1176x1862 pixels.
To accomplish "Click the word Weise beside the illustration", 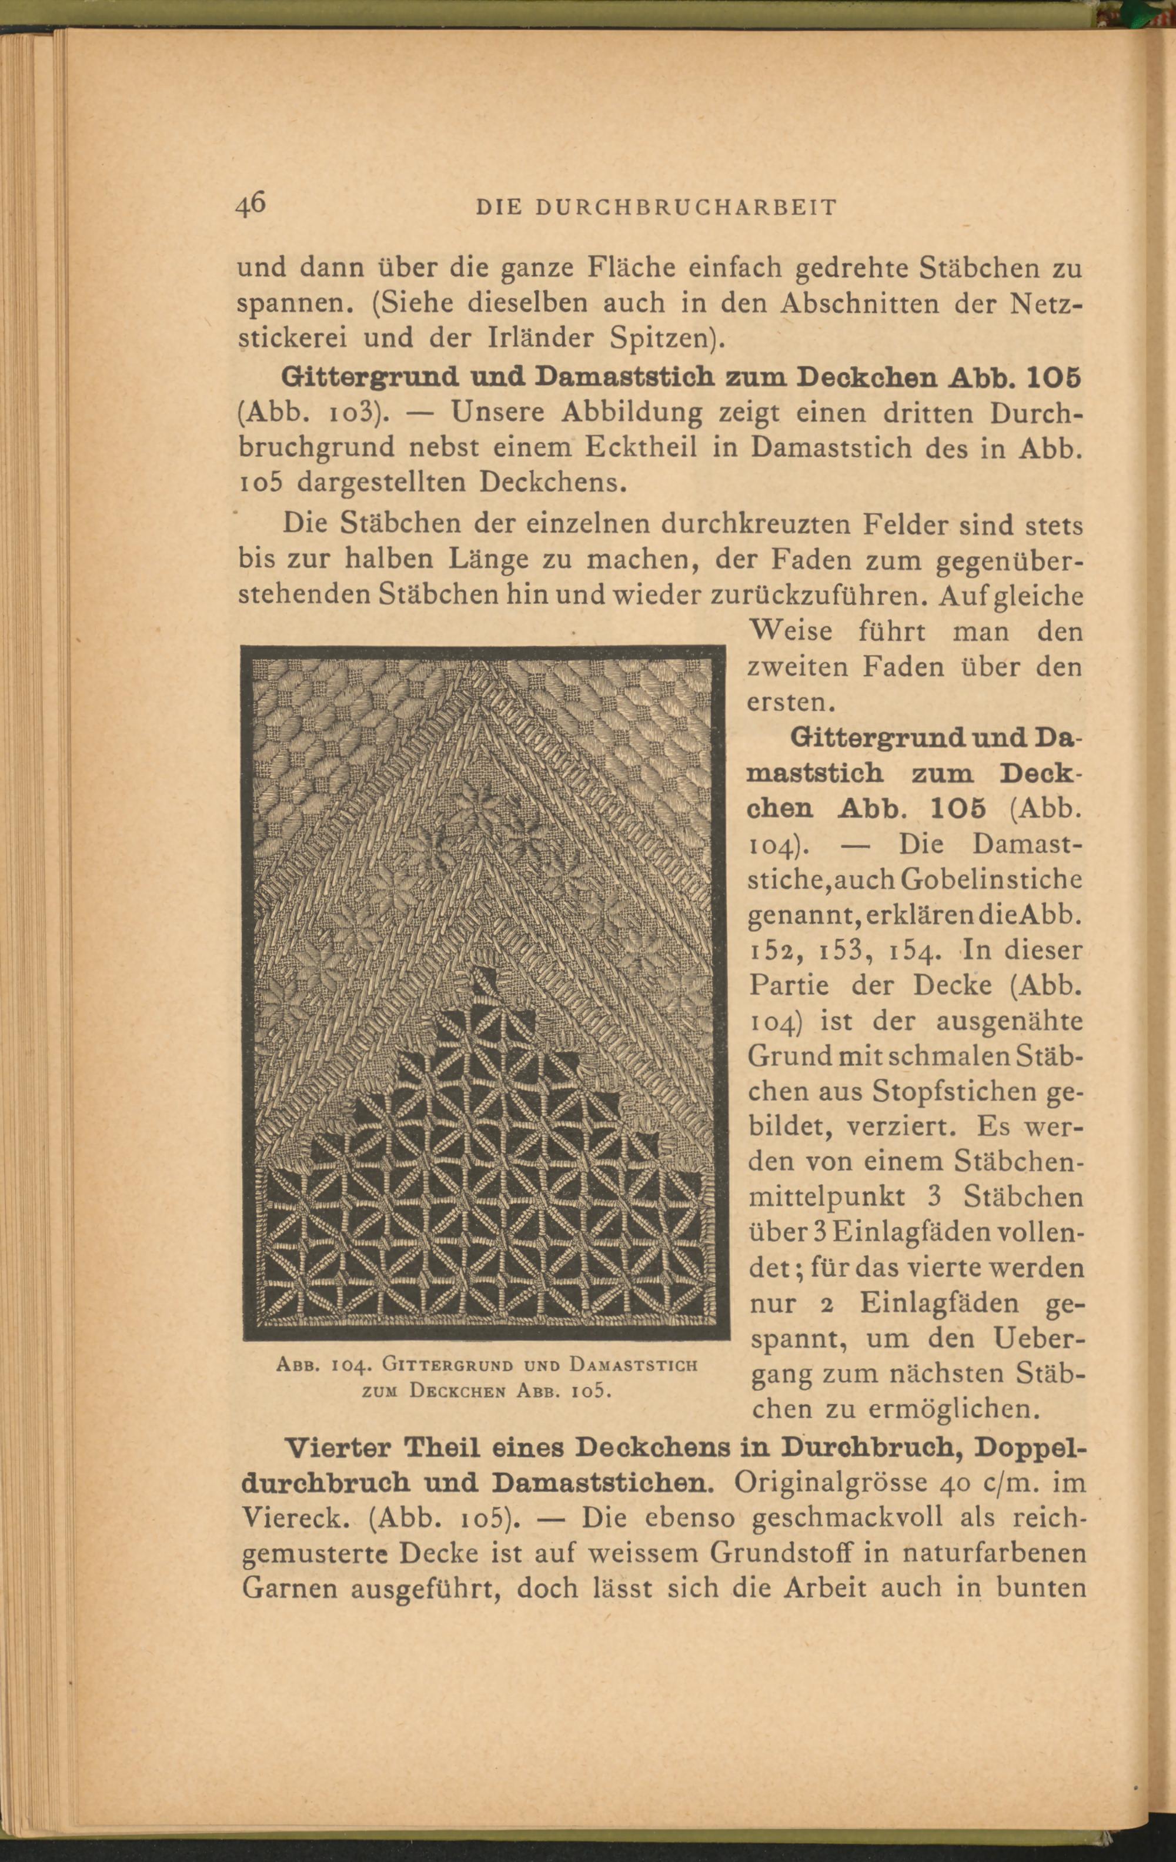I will tap(790, 632).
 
